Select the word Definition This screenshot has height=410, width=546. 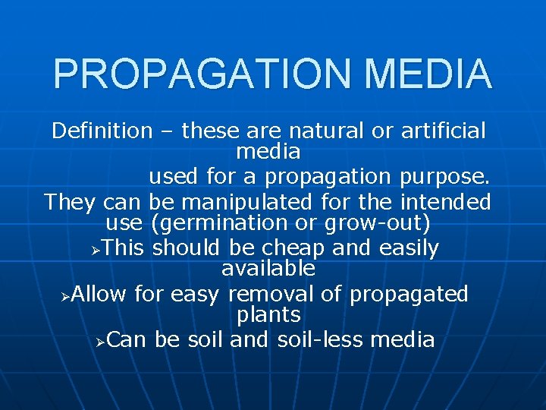102,131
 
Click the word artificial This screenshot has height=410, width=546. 444,131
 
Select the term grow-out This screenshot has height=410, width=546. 377,224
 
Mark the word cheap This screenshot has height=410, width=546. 288,248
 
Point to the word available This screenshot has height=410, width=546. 268,268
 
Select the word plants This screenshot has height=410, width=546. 268,314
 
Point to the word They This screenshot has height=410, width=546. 70,203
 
